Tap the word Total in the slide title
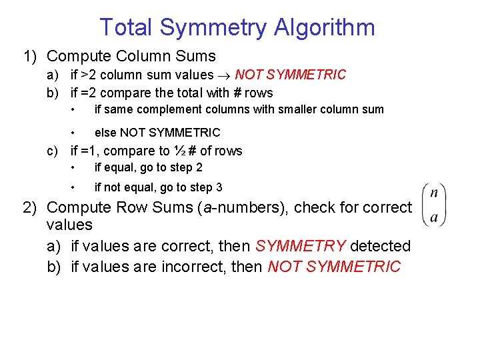127,28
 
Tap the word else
105,132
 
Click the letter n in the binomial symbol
434,193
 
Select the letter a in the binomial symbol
434,217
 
